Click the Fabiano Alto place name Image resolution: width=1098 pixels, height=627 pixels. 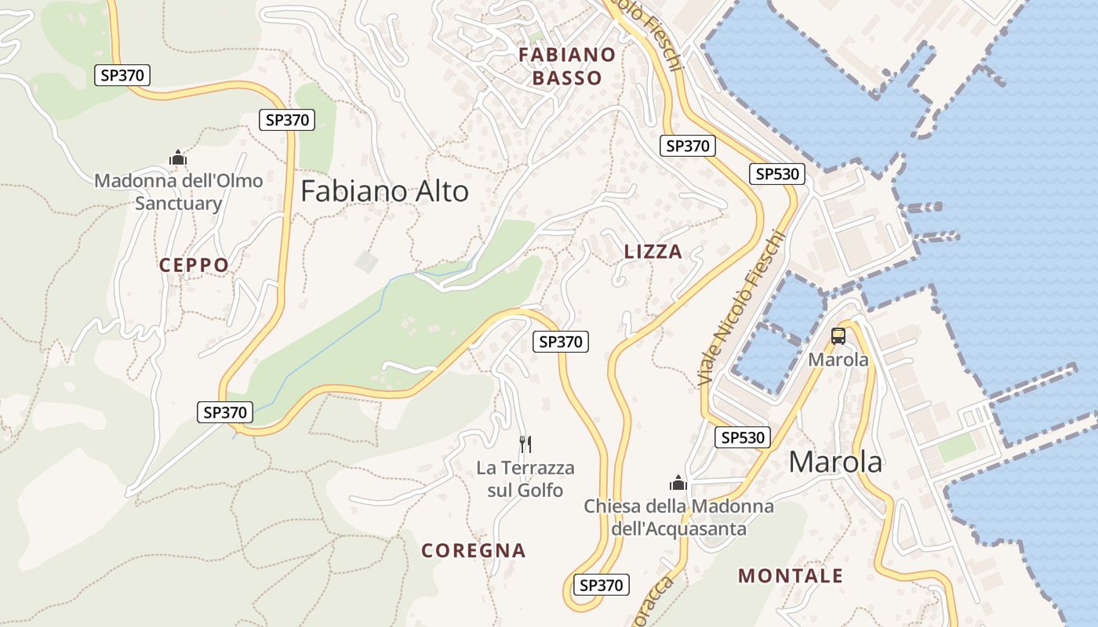point(384,191)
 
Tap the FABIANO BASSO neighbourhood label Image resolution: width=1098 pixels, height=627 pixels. point(567,66)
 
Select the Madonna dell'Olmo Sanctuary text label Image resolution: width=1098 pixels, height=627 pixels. point(179,192)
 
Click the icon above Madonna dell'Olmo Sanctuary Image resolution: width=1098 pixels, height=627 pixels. point(178,158)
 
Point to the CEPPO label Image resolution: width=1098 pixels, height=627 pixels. point(194,265)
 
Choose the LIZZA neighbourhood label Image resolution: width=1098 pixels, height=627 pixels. point(653,252)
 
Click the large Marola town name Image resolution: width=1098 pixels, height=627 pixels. point(835,462)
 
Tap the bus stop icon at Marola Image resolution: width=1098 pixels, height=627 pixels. point(838,336)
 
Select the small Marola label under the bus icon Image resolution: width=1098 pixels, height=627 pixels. point(838,360)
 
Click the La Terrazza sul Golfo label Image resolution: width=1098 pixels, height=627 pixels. point(525,479)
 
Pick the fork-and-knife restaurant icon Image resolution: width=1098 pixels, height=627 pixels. point(525,444)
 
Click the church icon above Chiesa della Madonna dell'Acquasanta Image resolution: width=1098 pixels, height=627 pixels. point(678,482)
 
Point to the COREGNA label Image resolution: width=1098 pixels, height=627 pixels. point(474,550)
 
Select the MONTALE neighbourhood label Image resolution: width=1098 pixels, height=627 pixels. point(791,576)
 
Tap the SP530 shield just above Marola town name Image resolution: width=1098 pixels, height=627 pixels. point(742,437)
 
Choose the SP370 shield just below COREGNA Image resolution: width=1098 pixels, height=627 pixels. point(601,585)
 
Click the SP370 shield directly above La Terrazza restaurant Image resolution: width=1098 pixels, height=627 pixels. point(562,342)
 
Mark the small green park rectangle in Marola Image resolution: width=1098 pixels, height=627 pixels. point(956,448)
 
